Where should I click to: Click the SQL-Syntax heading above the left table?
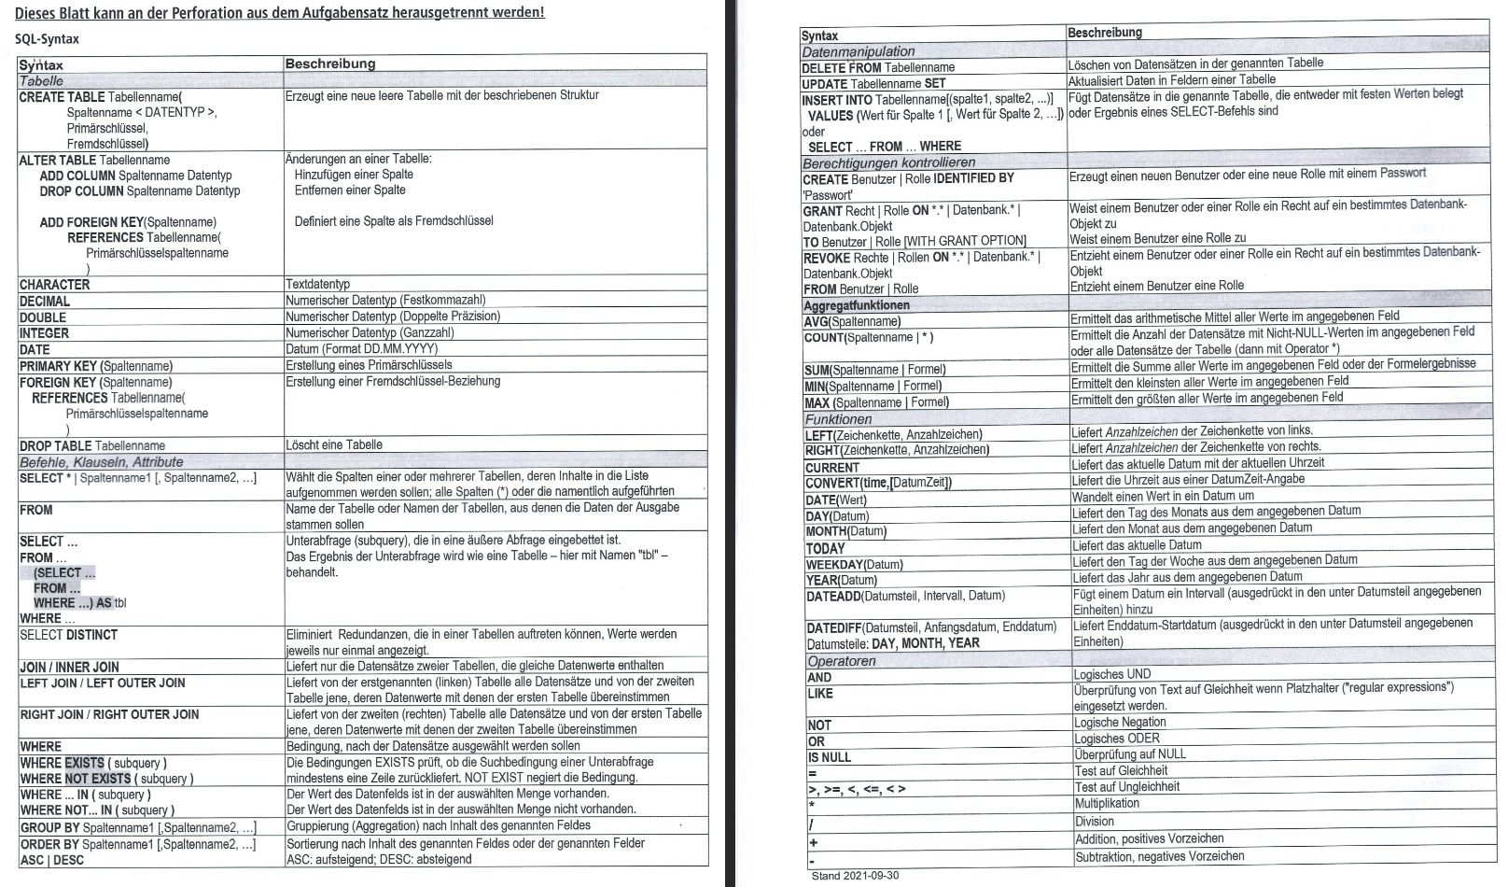pyautogui.click(x=47, y=39)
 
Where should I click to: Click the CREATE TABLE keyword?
pyautogui.click(x=62, y=96)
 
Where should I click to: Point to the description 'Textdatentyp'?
pyautogui.click(x=318, y=284)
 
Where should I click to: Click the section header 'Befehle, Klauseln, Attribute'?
pyautogui.click(x=102, y=461)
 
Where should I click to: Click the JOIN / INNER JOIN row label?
pyautogui.click(x=70, y=667)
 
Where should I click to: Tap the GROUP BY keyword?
pyautogui.click(x=49, y=827)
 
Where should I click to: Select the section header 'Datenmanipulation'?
pyautogui.click(x=859, y=51)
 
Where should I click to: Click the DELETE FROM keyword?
pyautogui.click(x=842, y=67)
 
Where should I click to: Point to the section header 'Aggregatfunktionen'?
pyautogui.click(x=857, y=305)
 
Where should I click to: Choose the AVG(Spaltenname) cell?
pyautogui.click(x=853, y=321)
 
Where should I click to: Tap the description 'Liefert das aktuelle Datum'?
pyautogui.click(x=1137, y=545)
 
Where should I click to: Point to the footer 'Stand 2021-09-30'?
pyautogui.click(x=855, y=876)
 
